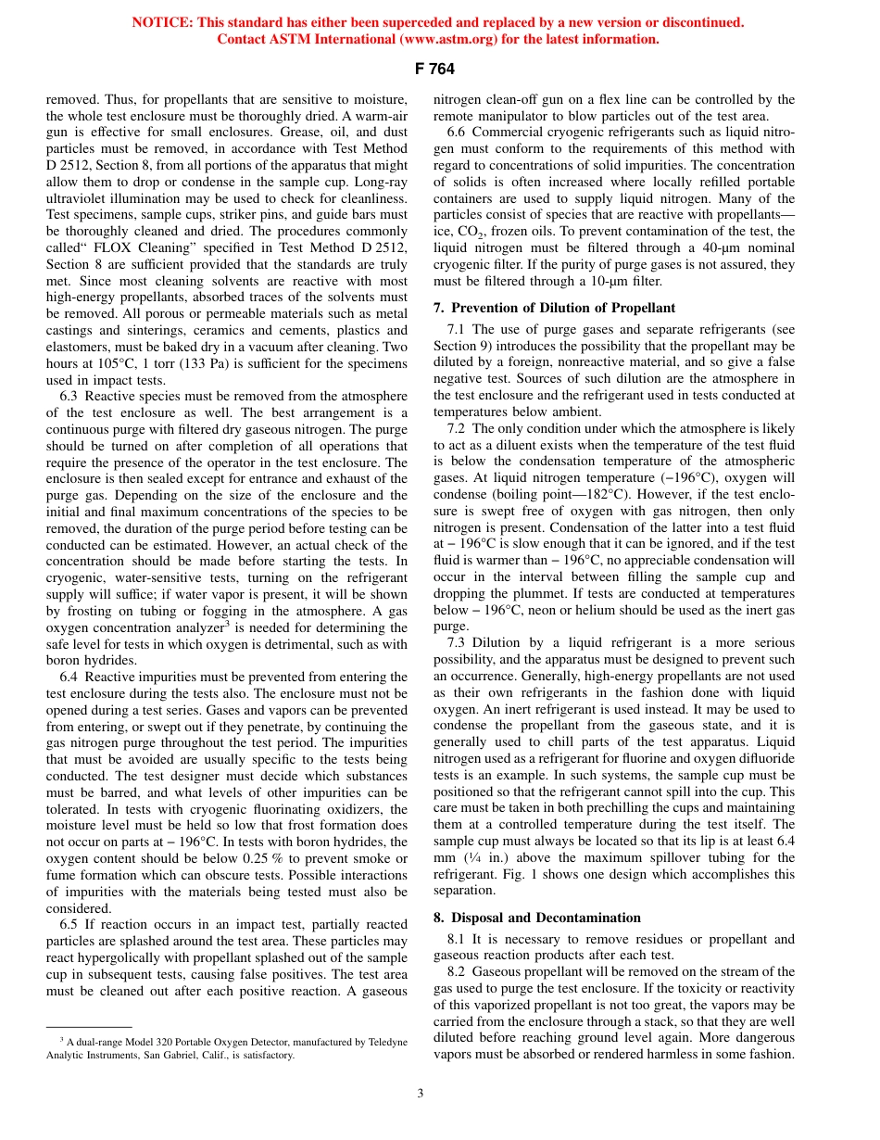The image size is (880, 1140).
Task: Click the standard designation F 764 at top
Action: (439, 69)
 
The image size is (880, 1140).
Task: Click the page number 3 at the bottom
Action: (420, 1094)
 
